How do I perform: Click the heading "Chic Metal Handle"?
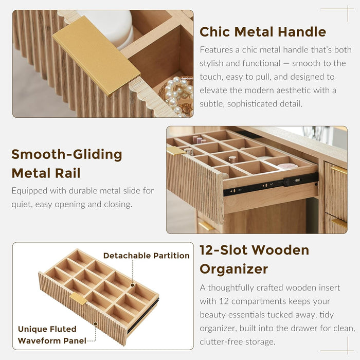pos(263,32)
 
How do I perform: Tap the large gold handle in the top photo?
pos(97,55)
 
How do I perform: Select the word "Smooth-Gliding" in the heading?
pos(67,154)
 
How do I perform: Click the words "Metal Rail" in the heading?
pos(46,173)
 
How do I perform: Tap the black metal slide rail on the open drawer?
pos(271,184)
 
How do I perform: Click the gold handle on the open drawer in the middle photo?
pos(176,151)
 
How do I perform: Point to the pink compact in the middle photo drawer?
pos(287,166)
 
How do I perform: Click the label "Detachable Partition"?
pos(147,256)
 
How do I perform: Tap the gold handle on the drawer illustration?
pos(78,298)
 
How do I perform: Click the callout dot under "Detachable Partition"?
pos(133,285)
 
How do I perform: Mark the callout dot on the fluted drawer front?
pos(95,324)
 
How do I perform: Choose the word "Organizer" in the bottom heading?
pos(233,269)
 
